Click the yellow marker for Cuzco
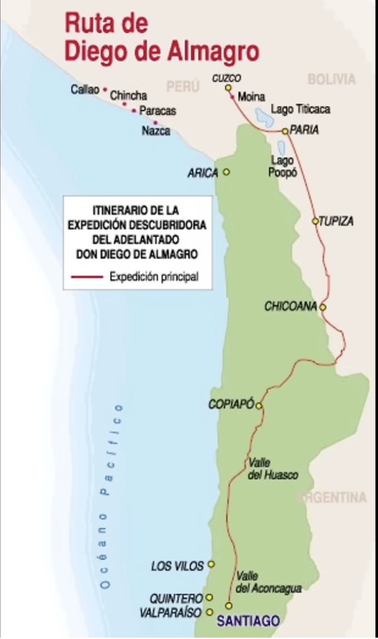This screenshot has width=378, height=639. pyautogui.click(x=227, y=87)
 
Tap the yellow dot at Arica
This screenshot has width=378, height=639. pyautogui.click(x=227, y=172)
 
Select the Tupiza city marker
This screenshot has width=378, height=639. pyautogui.click(x=315, y=222)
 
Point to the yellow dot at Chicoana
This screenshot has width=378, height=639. pyautogui.click(x=322, y=307)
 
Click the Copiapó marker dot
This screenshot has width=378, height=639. pyautogui.click(x=258, y=405)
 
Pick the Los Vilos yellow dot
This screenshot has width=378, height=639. pyautogui.click(x=211, y=565)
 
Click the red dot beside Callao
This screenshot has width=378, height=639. pyautogui.click(x=105, y=90)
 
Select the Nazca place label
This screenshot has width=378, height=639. pyautogui.click(x=156, y=131)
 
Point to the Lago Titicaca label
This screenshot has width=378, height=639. pyautogui.click(x=301, y=109)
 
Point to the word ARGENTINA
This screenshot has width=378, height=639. pyautogui.click(x=333, y=498)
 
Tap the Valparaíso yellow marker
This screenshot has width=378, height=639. pyautogui.click(x=210, y=612)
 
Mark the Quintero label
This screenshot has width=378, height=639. pyautogui.click(x=176, y=599)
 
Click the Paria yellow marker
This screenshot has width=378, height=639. pyautogui.click(x=285, y=131)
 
